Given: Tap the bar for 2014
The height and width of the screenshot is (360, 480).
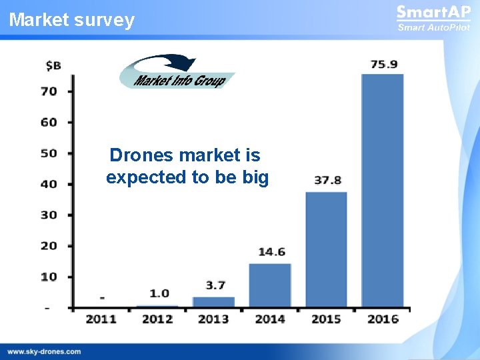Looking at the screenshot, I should [x=270, y=285].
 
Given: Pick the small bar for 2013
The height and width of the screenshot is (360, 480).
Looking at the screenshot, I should [x=214, y=301].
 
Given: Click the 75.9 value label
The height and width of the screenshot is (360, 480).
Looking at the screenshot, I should [x=384, y=65].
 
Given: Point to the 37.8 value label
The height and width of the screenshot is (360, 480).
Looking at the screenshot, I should [x=327, y=181].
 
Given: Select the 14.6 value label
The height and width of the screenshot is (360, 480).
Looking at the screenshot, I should [x=271, y=252].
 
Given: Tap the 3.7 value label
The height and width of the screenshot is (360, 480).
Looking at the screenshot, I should [x=215, y=285].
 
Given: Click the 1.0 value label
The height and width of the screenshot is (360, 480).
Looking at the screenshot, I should [x=159, y=293].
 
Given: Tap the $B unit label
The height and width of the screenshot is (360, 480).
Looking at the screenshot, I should [x=53, y=65].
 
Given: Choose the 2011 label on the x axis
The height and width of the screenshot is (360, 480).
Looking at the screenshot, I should [x=101, y=319].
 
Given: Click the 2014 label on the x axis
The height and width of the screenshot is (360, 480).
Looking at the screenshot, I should [x=270, y=319].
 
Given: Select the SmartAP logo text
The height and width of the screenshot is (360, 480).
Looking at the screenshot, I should [x=433, y=13].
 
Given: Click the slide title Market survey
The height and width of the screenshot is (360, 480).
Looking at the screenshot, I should [x=72, y=20].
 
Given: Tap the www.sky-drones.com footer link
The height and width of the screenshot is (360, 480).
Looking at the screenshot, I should [x=44, y=351].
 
